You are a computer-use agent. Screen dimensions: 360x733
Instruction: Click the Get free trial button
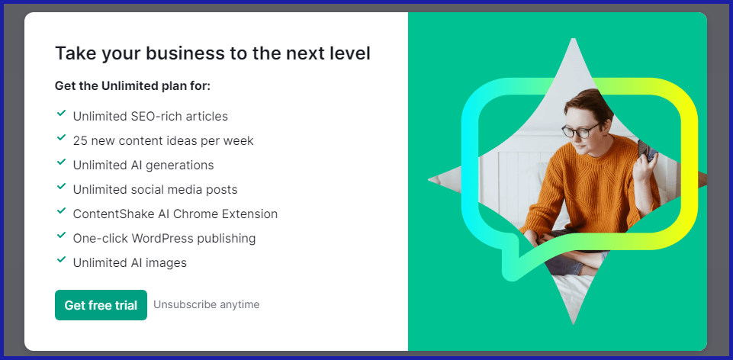pyautogui.click(x=101, y=305)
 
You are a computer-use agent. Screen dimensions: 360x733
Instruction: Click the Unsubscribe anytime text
pyautogui.click(x=206, y=304)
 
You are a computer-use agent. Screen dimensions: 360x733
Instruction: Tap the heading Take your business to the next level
pyautogui.click(x=213, y=53)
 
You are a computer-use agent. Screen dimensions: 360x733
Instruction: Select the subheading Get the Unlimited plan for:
pyautogui.click(x=133, y=86)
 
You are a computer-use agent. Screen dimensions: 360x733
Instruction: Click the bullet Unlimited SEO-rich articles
pyautogui.click(x=150, y=117)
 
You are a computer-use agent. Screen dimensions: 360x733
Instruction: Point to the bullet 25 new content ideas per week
pyautogui.click(x=163, y=141)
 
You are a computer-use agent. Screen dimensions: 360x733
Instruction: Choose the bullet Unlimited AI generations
pyautogui.click(x=143, y=166)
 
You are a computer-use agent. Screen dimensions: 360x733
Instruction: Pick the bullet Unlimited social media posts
pyautogui.click(x=156, y=190)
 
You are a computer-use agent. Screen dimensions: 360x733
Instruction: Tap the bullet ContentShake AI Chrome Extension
pyautogui.click(x=175, y=214)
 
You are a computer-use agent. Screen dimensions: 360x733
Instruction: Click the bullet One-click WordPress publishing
pyautogui.click(x=164, y=239)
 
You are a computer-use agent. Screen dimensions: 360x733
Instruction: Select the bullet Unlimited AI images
pyautogui.click(x=130, y=263)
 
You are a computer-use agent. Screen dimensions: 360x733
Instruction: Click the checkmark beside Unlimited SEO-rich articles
pyautogui.click(x=61, y=114)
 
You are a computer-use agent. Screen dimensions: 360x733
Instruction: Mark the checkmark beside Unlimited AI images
pyautogui.click(x=61, y=260)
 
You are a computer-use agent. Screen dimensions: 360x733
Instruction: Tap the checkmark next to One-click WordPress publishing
pyautogui.click(x=61, y=236)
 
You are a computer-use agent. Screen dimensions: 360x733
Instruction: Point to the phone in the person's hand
pyautogui.click(x=645, y=150)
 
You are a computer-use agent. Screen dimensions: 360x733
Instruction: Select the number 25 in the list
pyautogui.click(x=80, y=141)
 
